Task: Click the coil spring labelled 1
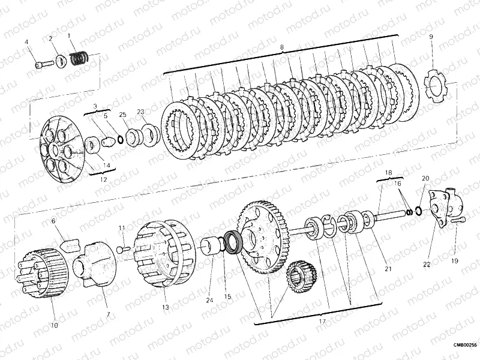(x=79, y=58)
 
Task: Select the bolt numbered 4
(x=44, y=65)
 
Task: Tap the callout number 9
(x=431, y=37)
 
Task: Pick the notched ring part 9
(x=435, y=86)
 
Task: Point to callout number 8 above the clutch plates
(x=281, y=47)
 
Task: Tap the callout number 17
(x=322, y=322)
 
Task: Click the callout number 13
(x=166, y=307)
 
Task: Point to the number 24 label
(x=209, y=301)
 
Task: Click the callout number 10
(x=54, y=325)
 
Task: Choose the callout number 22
(x=427, y=265)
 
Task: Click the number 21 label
(x=388, y=269)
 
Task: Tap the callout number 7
(x=108, y=314)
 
